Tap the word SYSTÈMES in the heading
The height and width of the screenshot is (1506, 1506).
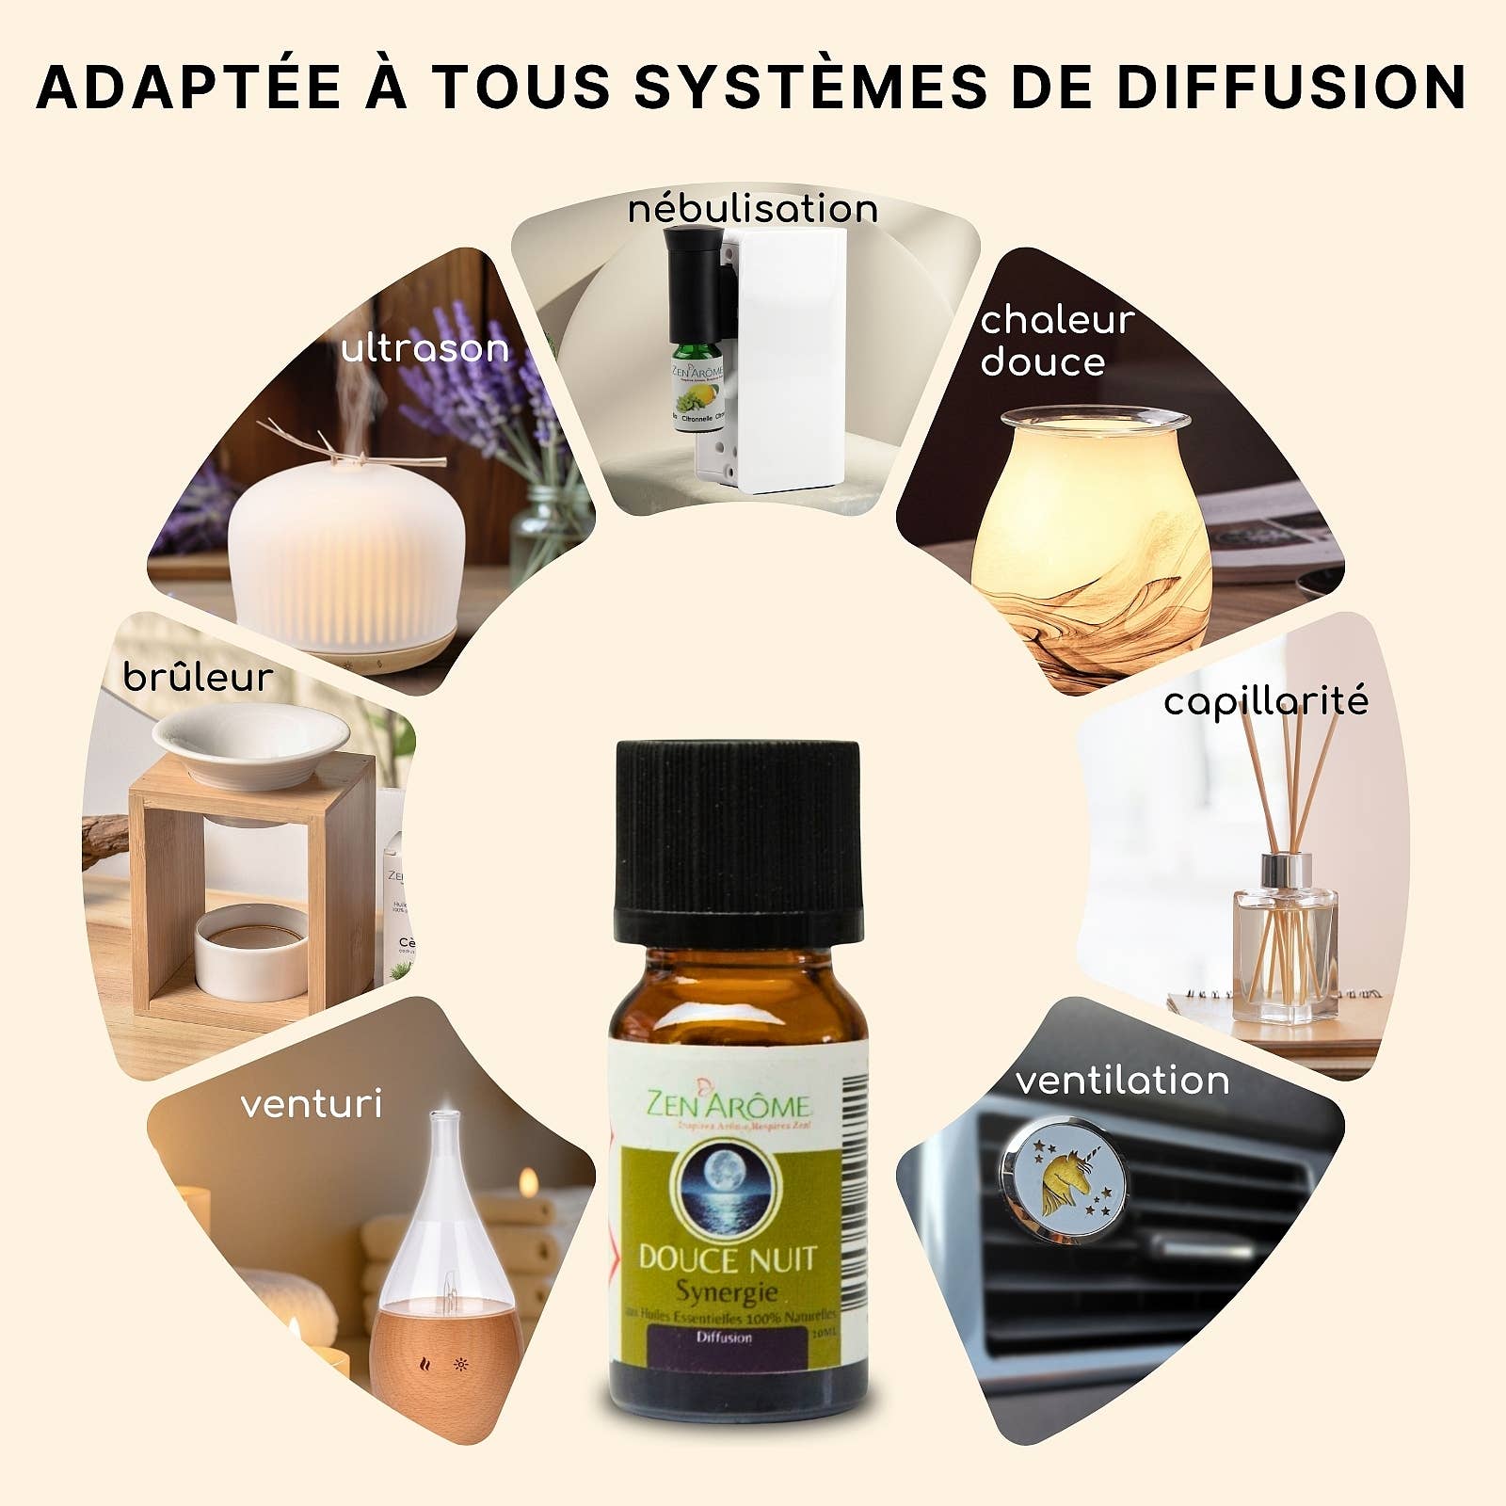(809, 87)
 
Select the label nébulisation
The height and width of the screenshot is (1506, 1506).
(753, 209)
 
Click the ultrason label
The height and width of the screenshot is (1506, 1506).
(425, 349)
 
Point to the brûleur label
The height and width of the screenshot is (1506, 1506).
(198, 678)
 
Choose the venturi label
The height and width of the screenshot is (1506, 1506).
(312, 1104)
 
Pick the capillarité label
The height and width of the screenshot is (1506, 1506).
(1266, 702)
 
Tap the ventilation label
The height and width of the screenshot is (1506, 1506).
(1123, 1081)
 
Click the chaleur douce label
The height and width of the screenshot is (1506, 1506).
(1056, 341)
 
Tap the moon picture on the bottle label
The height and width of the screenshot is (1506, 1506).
(724, 1190)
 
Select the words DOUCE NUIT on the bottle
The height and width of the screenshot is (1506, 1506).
(726, 1258)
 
